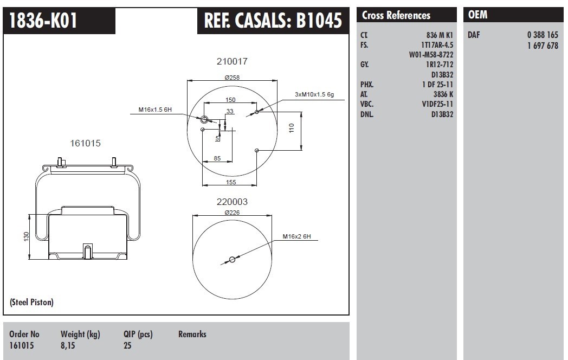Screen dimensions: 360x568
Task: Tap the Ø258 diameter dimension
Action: click(x=232, y=78)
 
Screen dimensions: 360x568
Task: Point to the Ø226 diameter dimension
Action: click(x=232, y=213)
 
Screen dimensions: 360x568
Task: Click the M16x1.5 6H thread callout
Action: click(x=154, y=110)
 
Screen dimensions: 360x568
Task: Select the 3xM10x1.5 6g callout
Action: click(x=314, y=94)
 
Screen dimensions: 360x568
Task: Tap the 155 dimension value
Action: click(x=231, y=182)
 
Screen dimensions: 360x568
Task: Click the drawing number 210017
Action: click(x=232, y=62)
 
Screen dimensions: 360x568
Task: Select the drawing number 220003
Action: click(x=232, y=202)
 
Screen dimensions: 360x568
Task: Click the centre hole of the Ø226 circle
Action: click(x=232, y=260)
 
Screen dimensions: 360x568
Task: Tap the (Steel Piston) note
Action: click(x=31, y=302)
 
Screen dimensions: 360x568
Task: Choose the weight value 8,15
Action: click(x=68, y=345)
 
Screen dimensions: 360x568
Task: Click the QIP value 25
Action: click(x=127, y=345)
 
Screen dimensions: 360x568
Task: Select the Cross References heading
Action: click(x=396, y=16)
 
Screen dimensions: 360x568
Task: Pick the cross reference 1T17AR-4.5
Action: click(x=437, y=45)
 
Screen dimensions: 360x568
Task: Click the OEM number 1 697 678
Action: click(x=542, y=46)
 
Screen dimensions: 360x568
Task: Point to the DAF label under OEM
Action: click(x=474, y=35)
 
